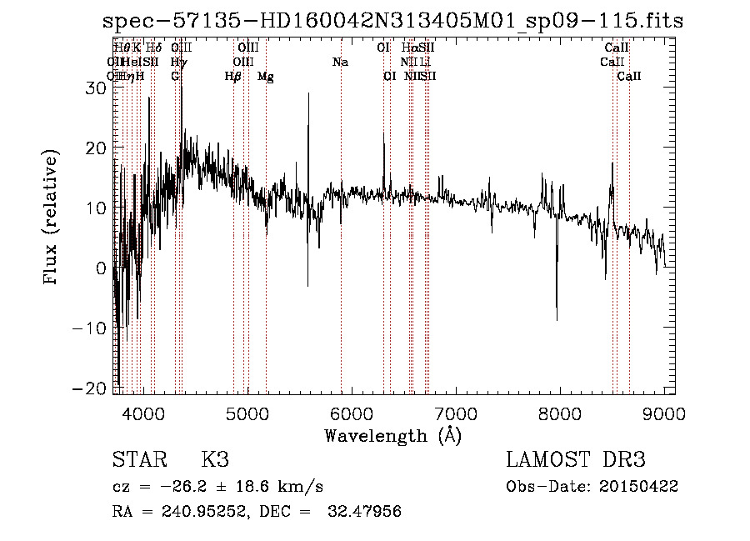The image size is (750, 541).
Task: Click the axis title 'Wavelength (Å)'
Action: coord(392,435)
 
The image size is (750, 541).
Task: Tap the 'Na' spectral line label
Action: coord(340,62)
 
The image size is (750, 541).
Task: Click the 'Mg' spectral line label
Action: coord(265,77)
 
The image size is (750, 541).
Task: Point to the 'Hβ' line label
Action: coord(233,76)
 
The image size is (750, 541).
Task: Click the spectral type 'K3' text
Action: coord(215,460)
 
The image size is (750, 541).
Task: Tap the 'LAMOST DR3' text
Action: coord(576,460)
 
